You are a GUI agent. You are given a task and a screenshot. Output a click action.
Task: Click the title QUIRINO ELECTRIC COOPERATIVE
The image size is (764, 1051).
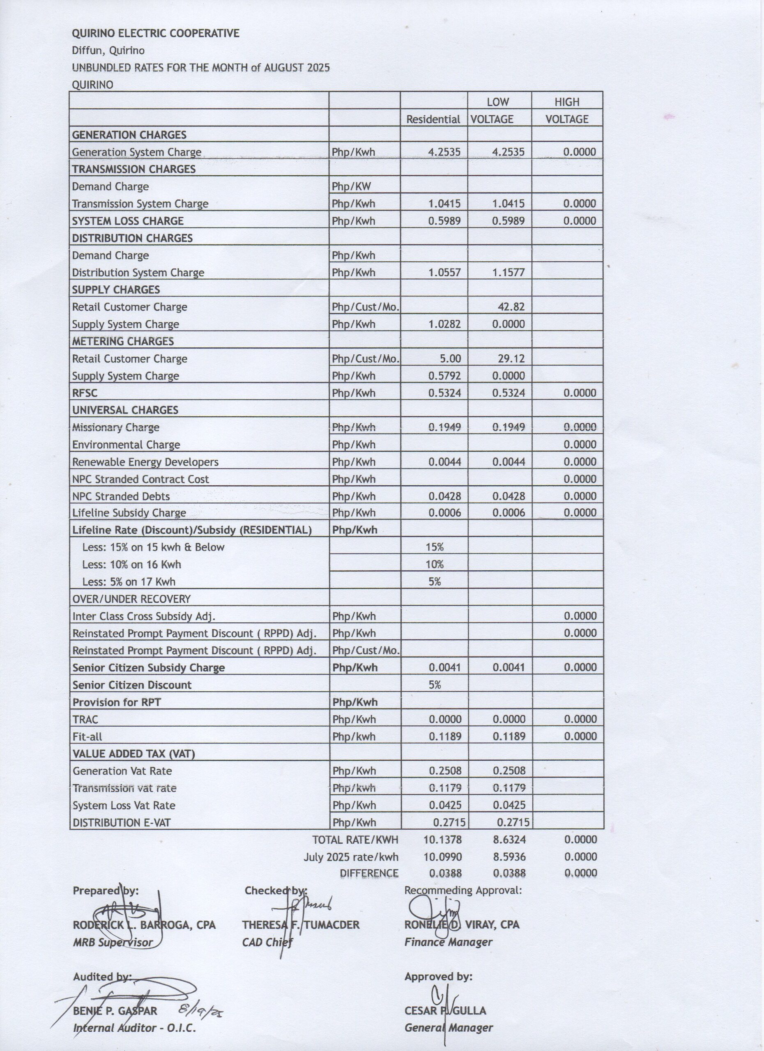[x=155, y=33]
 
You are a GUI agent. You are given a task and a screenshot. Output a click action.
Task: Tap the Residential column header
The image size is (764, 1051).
[x=433, y=119]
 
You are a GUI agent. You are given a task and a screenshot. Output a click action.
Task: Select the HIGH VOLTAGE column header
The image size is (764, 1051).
[x=566, y=111]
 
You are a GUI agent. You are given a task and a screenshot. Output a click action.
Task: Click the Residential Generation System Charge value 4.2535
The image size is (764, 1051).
[x=444, y=152]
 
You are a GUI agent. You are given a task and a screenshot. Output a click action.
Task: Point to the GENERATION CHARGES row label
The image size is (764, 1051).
[x=129, y=135]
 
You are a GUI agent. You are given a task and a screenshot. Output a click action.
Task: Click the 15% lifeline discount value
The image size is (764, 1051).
[x=435, y=547]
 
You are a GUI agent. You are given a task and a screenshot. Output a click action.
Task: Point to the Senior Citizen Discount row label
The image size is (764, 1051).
[x=132, y=685]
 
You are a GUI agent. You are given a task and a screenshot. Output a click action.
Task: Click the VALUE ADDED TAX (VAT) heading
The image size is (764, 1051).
[x=133, y=754]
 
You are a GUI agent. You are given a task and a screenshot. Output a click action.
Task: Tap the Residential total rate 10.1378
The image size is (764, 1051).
[x=443, y=839]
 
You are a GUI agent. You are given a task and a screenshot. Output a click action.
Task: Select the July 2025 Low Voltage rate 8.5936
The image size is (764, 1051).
[x=509, y=856]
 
